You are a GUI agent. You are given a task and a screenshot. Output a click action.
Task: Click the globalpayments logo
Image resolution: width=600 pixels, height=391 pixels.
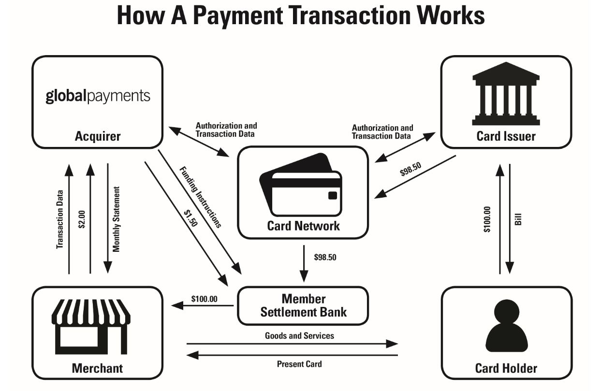pos(98,95)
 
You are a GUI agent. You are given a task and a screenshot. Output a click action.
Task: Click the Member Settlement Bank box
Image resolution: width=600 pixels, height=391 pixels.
pos(303,306)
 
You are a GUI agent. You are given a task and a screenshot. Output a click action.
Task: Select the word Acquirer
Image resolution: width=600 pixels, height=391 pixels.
pos(98,136)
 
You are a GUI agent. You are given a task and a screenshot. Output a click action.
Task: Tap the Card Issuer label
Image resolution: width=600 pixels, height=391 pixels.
pos(506,136)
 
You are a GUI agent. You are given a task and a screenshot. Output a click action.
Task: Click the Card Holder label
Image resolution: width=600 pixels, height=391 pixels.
pos(506,369)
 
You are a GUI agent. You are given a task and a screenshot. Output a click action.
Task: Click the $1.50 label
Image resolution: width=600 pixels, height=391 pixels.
pos(190,218)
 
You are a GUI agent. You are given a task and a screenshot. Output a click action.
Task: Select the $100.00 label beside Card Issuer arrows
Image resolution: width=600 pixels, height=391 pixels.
pos(487,219)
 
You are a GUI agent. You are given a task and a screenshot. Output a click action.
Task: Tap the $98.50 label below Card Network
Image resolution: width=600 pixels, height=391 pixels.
pos(325,258)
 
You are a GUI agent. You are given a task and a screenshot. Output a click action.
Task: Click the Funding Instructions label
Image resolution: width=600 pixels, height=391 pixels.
pos(200,197)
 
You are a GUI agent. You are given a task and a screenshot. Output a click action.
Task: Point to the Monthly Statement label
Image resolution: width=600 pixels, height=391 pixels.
pos(116,219)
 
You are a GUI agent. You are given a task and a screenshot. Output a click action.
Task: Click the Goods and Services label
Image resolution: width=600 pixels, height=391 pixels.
pos(299,335)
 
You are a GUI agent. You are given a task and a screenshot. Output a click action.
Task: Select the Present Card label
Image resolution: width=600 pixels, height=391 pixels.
pos(299,364)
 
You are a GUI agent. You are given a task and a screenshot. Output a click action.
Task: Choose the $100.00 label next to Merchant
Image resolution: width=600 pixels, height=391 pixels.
pos(204,299)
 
